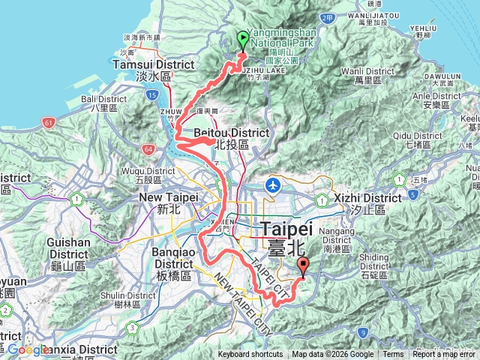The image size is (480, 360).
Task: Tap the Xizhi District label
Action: pyautogui.click(x=368, y=198)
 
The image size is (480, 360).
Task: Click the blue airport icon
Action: pyautogui.click(x=274, y=184)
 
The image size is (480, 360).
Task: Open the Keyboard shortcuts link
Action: pyautogui.click(x=250, y=355)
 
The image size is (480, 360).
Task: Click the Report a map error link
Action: pyautogui.click(x=445, y=355)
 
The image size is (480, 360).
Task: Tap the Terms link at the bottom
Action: pyautogui.click(x=393, y=355)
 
